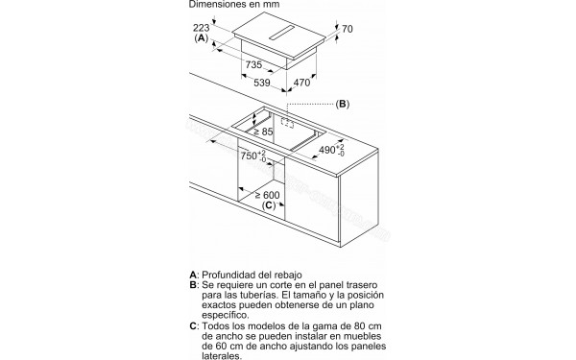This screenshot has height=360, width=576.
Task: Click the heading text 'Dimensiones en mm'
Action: tap(234, 5)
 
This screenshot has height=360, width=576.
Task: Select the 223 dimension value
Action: tap(201, 28)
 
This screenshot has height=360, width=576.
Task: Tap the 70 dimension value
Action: tap(348, 29)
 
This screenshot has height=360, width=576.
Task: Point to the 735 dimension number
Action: tap(253, 65)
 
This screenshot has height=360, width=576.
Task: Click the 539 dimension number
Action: tap(262, 83)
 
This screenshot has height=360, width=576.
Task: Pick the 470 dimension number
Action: tap(302, 83)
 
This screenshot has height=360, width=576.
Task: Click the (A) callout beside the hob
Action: tap(201, 37)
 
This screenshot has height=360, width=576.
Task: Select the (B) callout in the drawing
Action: tap(343, 105)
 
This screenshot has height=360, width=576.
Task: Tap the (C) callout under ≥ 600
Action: tap(269, 205)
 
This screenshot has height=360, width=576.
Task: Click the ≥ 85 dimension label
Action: tap(263, 132)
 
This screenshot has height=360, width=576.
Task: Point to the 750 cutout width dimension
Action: tap(253, 156)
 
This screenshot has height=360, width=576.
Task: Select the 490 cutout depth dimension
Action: tap(332, 150)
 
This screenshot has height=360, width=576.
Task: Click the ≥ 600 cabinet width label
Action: tap(267, 195)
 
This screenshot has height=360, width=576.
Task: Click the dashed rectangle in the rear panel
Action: tap(288, 123)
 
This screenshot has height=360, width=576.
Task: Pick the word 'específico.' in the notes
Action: tap(226, 315)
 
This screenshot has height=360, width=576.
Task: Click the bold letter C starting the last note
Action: tap(193, 325)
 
